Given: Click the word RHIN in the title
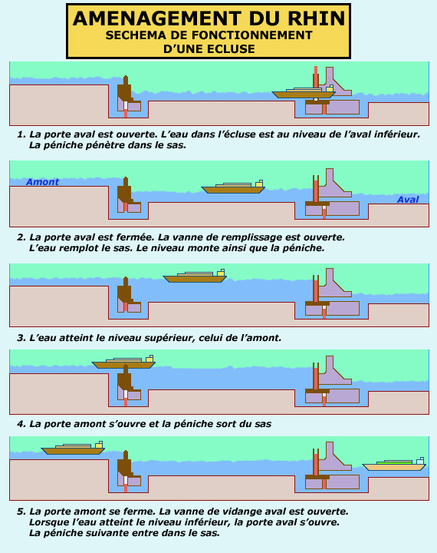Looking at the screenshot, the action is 316,18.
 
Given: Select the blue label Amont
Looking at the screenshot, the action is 43,182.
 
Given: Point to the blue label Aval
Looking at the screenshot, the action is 408,200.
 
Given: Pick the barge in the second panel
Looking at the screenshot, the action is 233,187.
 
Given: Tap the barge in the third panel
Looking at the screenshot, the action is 195,276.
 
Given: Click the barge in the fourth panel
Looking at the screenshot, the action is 123,362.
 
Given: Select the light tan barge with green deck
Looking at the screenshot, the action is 394,464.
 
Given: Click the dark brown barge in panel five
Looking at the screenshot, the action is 73,448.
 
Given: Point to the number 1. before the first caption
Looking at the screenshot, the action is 21,134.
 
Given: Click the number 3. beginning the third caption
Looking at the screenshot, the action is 21,338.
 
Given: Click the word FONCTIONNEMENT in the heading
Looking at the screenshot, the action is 251,35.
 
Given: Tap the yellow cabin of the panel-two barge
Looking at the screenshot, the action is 259,184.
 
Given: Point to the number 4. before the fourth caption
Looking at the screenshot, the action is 21,424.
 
